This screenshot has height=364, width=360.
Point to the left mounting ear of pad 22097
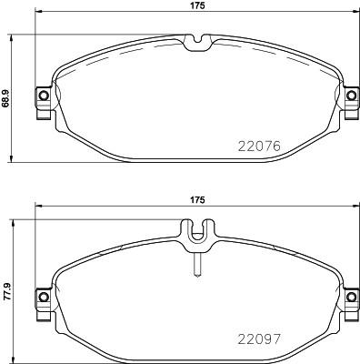point(41,296)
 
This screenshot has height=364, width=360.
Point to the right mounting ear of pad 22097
point(350,296)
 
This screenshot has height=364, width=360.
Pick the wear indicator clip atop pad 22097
point(196,234)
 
